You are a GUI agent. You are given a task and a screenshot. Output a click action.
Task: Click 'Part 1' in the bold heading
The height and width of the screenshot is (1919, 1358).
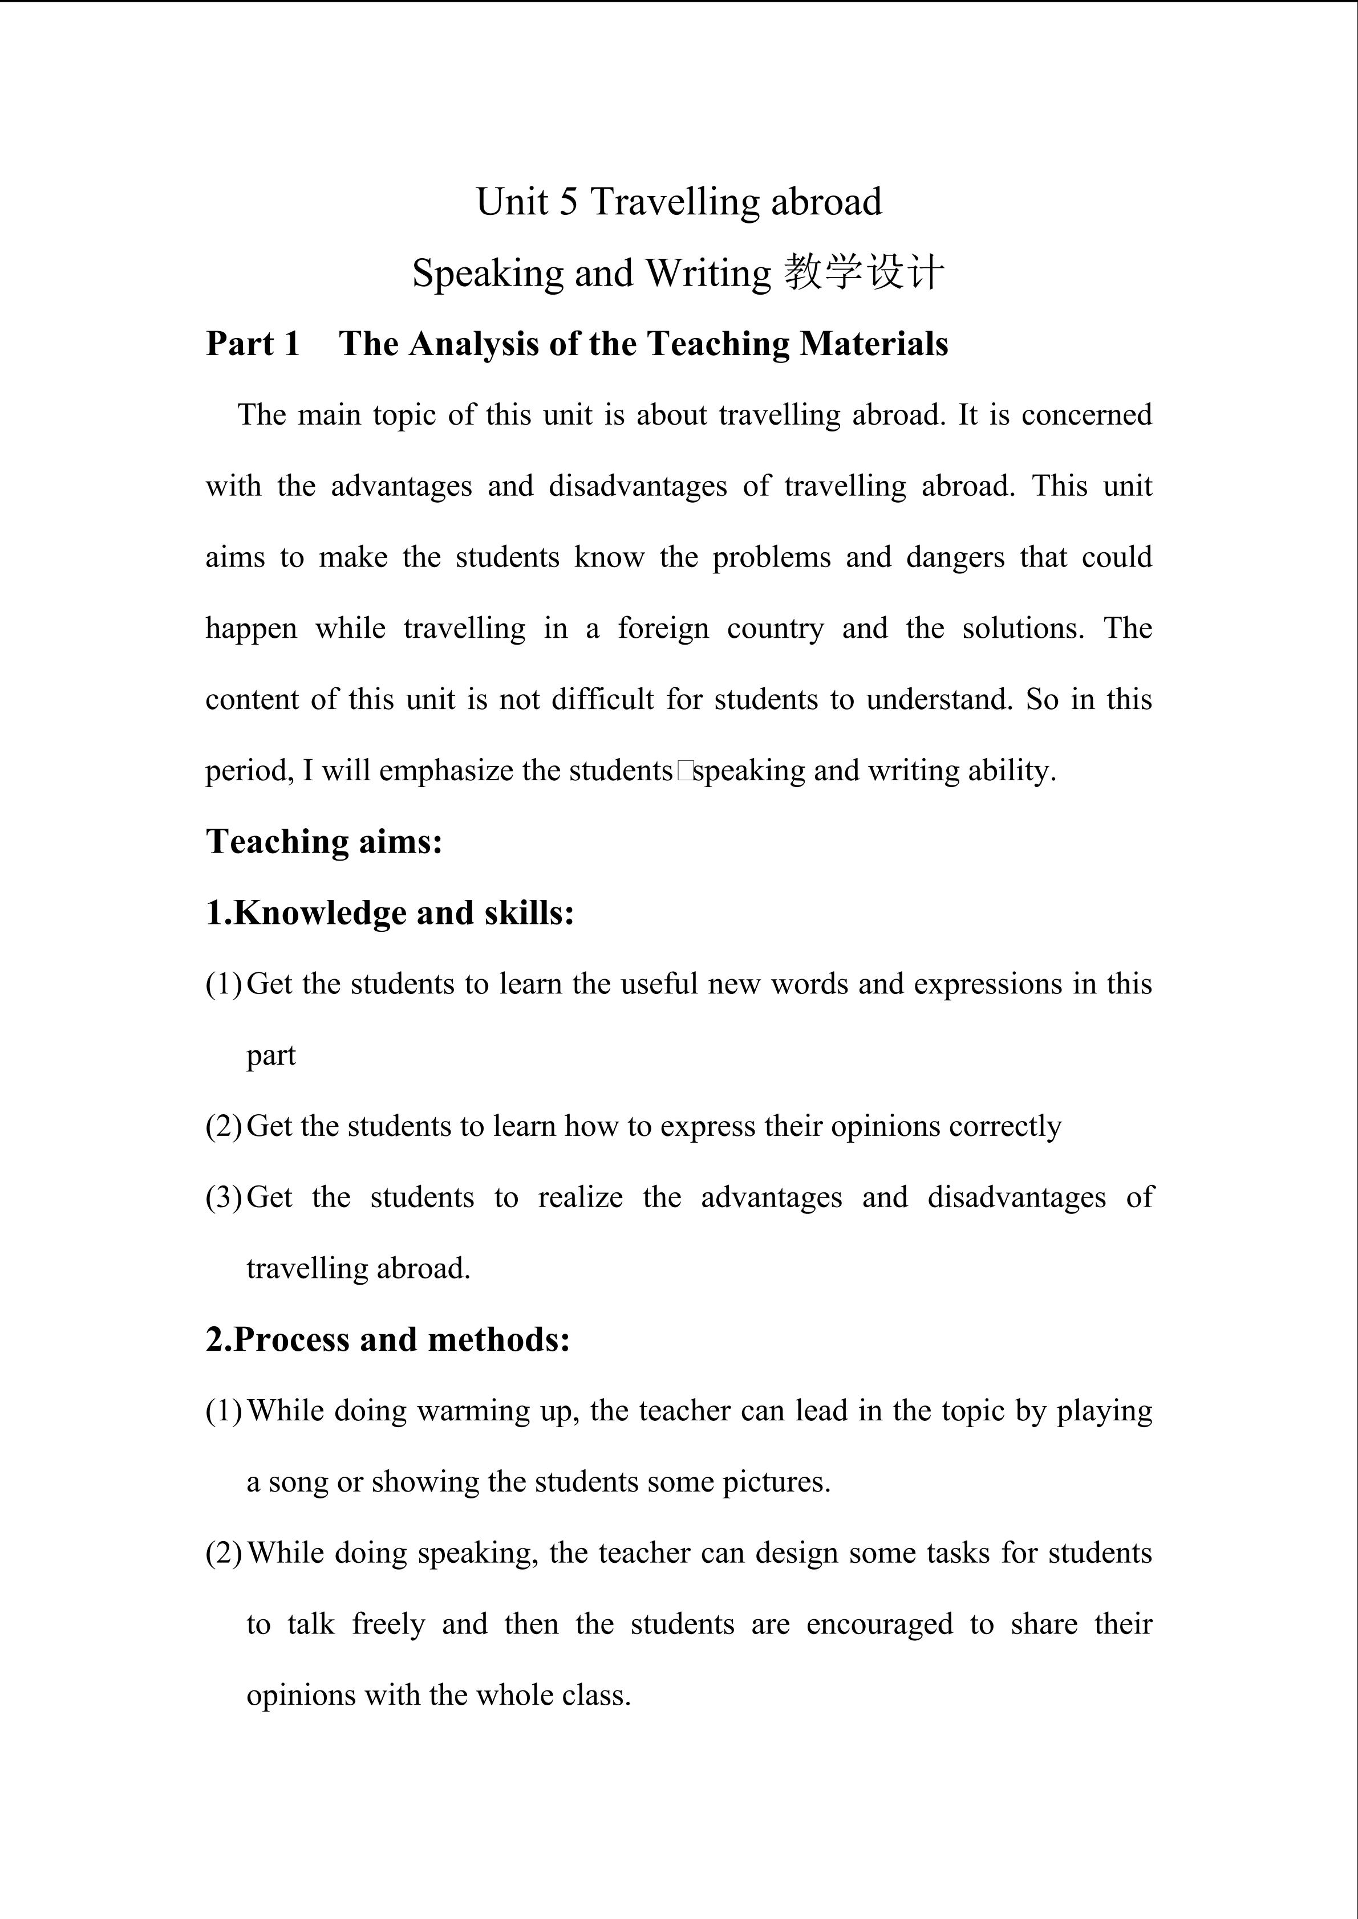253,344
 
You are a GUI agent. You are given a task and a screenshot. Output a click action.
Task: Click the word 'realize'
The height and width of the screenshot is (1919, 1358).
580,1197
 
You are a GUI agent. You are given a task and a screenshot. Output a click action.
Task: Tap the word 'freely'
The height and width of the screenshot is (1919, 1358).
388,1624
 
